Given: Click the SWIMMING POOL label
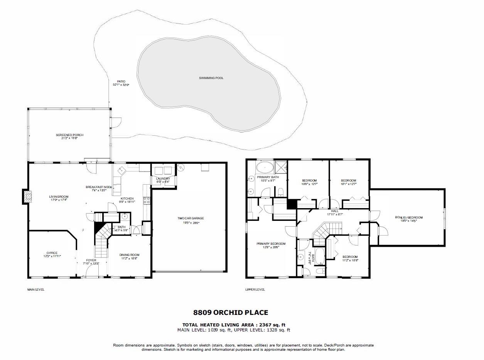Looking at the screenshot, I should point(211,78).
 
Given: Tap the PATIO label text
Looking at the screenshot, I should point(121,81).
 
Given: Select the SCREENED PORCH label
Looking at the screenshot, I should point(69,135).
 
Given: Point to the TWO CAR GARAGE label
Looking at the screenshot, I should point(188,219).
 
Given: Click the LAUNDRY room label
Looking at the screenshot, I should point(163,179).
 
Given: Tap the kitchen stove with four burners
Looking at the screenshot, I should point(147,200).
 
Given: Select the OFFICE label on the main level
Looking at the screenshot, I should point(52,253).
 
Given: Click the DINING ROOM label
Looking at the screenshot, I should point(129,255).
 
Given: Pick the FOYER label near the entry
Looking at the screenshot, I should point(91,261).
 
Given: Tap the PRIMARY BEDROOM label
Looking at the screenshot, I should point(271,244).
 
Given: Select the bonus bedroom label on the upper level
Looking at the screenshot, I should point(409,217).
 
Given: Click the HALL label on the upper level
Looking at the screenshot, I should point(334,211).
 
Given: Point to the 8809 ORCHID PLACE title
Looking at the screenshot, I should point(230,313).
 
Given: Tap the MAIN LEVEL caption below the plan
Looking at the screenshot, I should point(35,289).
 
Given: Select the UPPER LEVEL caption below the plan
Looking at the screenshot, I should point(255,289).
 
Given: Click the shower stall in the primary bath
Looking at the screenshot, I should point(281,167).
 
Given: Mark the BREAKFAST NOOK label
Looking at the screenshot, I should point(99,187).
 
